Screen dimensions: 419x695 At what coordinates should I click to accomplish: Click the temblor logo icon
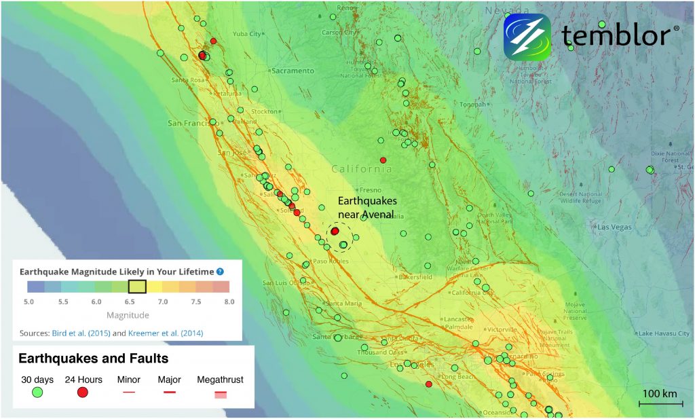point(527,36)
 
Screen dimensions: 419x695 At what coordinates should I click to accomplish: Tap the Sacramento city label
point(293,71)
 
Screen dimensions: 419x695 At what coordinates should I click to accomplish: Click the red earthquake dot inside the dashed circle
point(335,232)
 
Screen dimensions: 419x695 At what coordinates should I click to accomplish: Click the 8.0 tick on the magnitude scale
point(229,300)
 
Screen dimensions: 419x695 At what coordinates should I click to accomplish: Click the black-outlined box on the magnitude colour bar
point(137,287)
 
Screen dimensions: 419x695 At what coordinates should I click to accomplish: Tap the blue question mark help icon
point(220,272)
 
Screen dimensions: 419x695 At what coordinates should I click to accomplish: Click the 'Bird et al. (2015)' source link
point(81,333)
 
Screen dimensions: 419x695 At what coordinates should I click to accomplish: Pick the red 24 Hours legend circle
point(83,392)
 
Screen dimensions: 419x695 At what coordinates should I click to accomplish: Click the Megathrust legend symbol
point(220,395)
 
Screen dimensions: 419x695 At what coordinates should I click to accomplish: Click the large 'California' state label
point(362,169)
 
